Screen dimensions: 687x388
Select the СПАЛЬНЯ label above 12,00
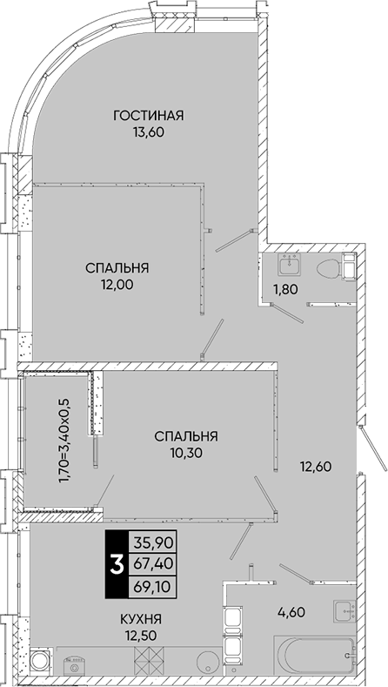pos(117,267)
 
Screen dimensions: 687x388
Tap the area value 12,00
pos(117,284)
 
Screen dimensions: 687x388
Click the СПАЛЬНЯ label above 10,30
pos(186,435)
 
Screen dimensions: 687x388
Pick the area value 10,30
pos(186,452)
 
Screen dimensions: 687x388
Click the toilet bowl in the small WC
pos(329,267)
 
